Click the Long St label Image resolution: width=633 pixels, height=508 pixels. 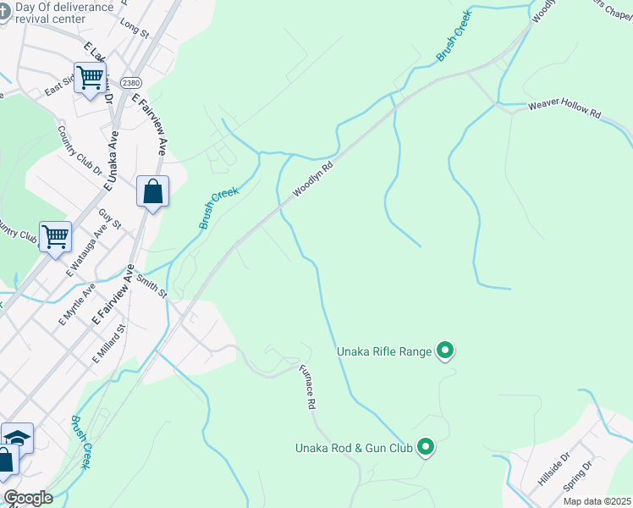[x=134, y=30]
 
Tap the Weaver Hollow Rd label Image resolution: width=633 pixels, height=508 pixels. [x=564, y=111]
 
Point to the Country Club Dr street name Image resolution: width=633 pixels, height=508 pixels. [x=78, y=150]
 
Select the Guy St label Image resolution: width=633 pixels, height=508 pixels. [x=111, y=222]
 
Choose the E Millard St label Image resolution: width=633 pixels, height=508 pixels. [x=109, y=344]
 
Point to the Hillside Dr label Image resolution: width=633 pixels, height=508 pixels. [x=554, y=471]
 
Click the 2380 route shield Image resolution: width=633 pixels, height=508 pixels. [x=130, y=83]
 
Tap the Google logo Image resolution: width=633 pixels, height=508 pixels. [x=28, y=498]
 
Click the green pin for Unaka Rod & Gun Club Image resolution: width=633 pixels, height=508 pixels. [x=426, y=447]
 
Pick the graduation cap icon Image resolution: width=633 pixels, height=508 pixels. [x=17, y=437]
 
